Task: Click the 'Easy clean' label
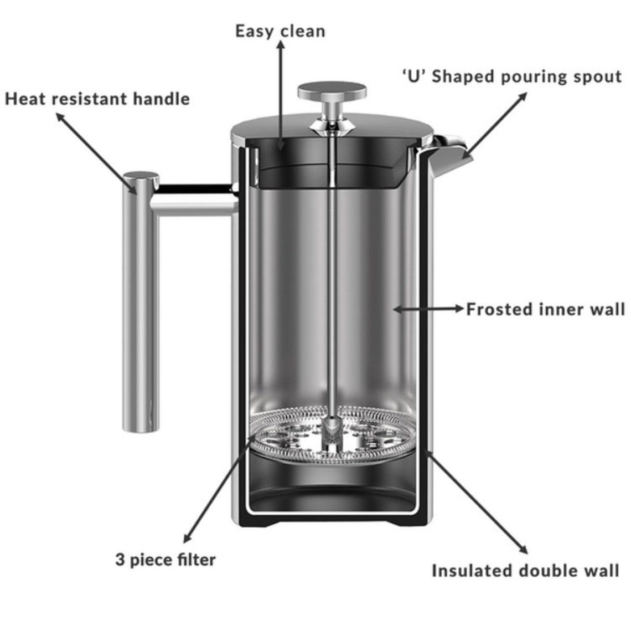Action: pos(280,30)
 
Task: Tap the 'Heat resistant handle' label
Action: pos(97,99)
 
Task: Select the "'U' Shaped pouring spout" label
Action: pos(511,76)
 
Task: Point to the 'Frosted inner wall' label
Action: pos(545,309)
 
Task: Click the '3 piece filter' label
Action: pos(165,560)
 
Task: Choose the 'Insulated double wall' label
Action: pos(525,571)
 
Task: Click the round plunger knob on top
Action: pos(332,91)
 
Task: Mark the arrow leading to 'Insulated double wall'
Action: pos(476,501)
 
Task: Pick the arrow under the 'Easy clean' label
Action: pos(281,94)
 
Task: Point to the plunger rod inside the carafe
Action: pos(332,277)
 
